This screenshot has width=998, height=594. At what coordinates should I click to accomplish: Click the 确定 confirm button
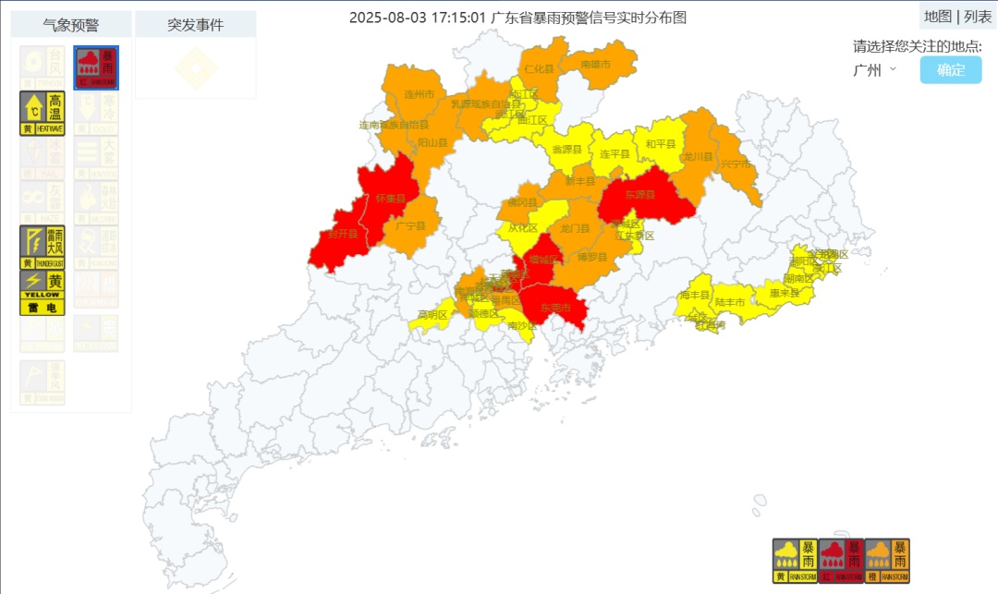coord(950,70)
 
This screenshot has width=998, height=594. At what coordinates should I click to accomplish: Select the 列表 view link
coord(979,16)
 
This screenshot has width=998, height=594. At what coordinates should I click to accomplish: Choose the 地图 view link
coord(937,16)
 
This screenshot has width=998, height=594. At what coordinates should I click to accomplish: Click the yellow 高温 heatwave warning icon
coord(42,113)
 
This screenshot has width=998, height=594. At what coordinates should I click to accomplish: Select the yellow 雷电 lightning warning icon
coord(42,292)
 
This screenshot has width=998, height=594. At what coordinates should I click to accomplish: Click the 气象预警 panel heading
coord(71,25)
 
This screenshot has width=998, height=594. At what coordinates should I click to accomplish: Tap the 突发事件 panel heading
coord(195,25)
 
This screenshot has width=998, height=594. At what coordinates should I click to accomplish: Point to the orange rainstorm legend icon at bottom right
coord(887,561)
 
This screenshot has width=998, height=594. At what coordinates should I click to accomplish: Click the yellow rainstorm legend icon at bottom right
coord(795,561)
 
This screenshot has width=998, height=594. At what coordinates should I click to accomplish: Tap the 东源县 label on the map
coord(639,195)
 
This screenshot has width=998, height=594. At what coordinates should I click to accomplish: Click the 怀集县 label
coord(390,198)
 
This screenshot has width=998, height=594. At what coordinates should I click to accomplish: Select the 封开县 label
coord(343,235)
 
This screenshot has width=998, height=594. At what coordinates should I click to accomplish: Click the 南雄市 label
coord(596,64)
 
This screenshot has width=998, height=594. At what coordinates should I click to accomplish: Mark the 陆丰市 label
coord(730,302)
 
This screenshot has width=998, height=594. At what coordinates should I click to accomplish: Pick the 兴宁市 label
coord(736,164)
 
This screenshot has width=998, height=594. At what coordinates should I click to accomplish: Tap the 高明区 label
coord(432,314)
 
